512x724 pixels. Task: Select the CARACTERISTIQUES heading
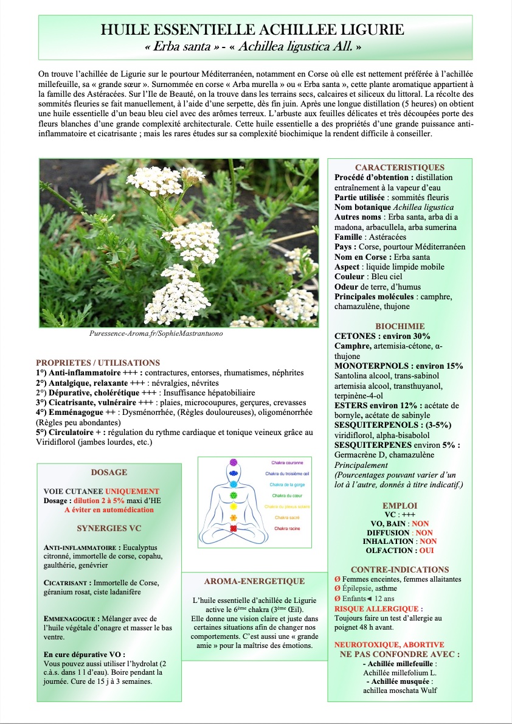(400, 167)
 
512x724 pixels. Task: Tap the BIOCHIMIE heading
(400, 326)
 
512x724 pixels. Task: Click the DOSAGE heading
(109, 472)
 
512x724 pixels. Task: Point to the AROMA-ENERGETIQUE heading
(254, 581)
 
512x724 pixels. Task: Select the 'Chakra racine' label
(286, 529)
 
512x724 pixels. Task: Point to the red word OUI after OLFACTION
(426, 550)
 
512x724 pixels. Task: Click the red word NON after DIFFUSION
(424, 532)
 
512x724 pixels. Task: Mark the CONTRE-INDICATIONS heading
(400, 569)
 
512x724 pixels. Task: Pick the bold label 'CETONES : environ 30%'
(382, 336)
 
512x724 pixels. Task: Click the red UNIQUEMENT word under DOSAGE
(132, 492)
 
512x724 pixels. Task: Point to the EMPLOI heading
(400, 506)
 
